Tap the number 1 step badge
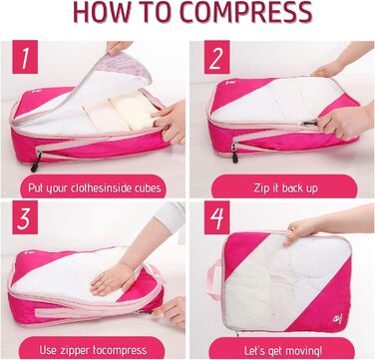25,57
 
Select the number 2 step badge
216,57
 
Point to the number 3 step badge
25,217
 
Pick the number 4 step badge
216,217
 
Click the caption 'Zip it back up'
285,188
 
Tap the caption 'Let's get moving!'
283,350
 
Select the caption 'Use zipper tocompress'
93,350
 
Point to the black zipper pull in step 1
36,162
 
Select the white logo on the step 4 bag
337,318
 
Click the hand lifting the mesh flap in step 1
119,47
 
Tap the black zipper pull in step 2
235,156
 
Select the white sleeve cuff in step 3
170,216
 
